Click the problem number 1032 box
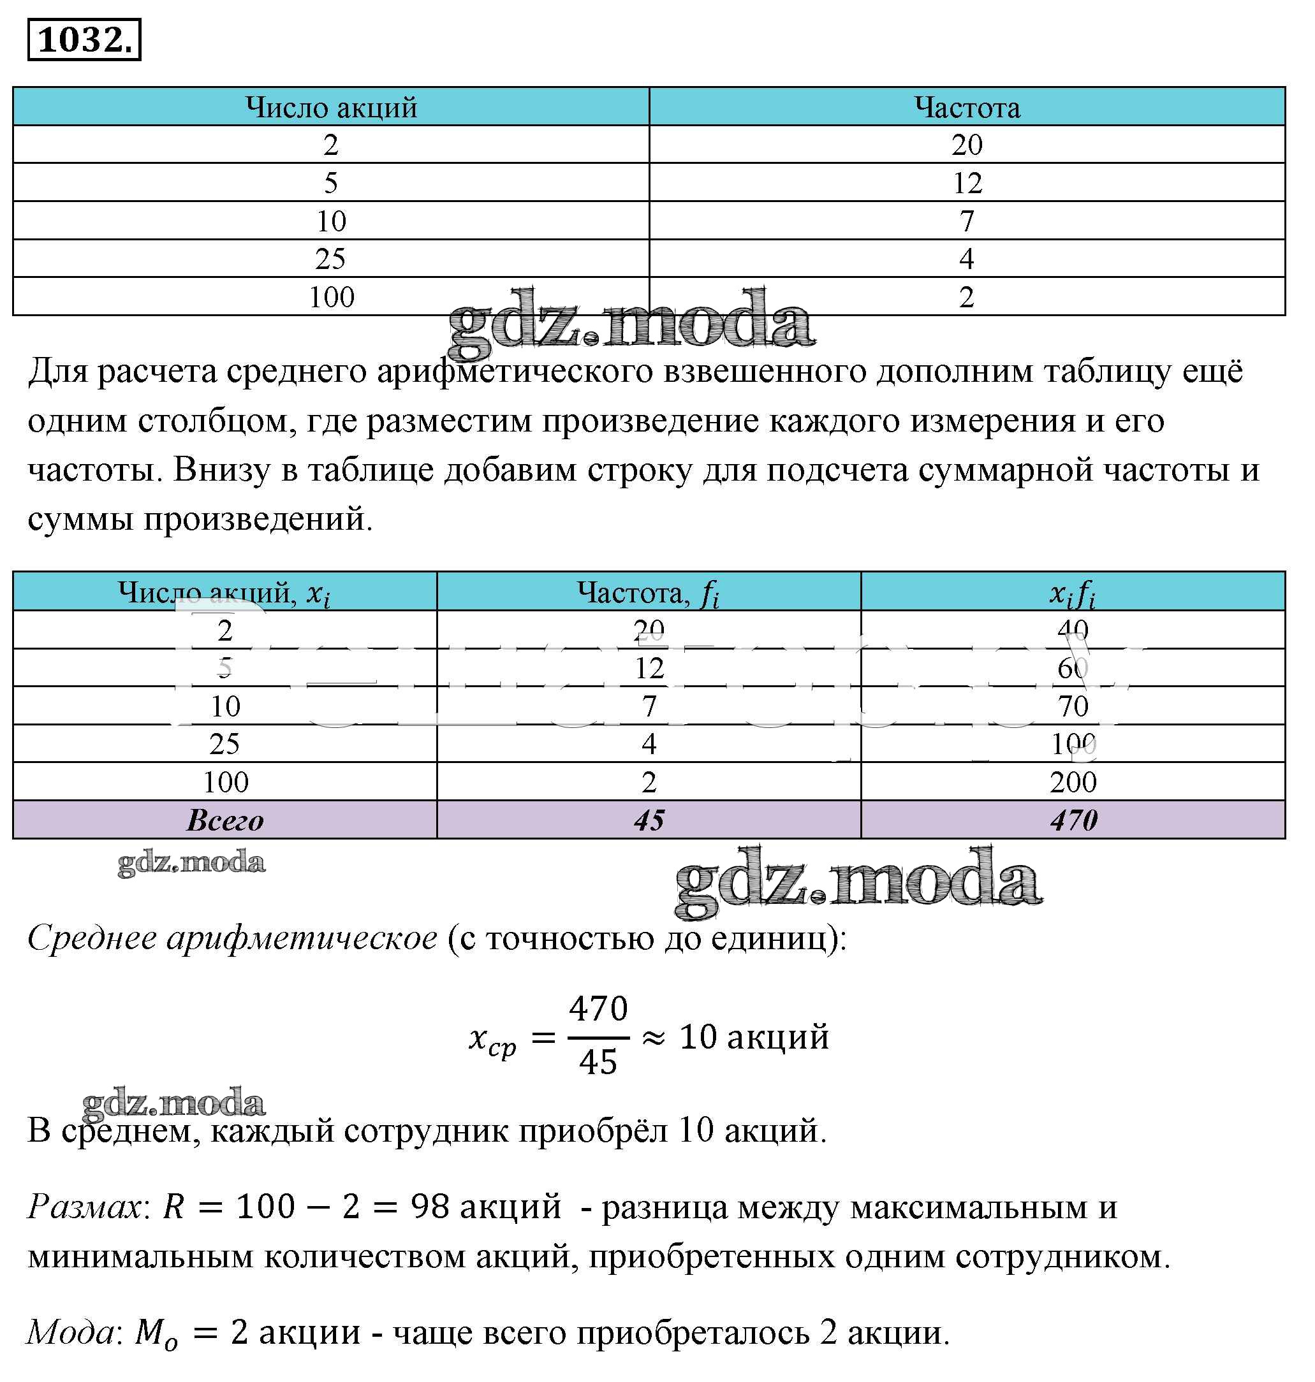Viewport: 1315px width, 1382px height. pos(84,40)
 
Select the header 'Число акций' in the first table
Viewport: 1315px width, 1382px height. pos(331,107)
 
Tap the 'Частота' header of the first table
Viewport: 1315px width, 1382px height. pos(967,107)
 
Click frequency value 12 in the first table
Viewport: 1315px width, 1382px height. pos(967,183)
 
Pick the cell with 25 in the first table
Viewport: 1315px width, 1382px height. pos(330,259)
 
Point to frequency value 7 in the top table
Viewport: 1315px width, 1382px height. pos(967,221)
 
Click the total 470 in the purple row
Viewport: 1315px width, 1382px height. pos(1073,820)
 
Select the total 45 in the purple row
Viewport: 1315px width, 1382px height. pos(649,820)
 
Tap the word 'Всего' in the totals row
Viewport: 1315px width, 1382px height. pos(224,820)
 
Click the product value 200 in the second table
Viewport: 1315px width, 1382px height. pos(1073,782)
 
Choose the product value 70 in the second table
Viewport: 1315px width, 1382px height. pos(1073,706)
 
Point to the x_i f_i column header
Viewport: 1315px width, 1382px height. pos(1072,593)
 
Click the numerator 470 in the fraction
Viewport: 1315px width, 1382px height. pos(598,1008)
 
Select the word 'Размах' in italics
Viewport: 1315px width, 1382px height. pos(84,1206)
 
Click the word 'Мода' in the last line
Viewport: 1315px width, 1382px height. pos(71,1331)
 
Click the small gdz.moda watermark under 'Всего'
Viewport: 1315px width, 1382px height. pos(191,862)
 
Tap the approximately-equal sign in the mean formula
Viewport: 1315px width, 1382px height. pos(653,1038)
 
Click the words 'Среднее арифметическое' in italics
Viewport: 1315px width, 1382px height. pos(232,938)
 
